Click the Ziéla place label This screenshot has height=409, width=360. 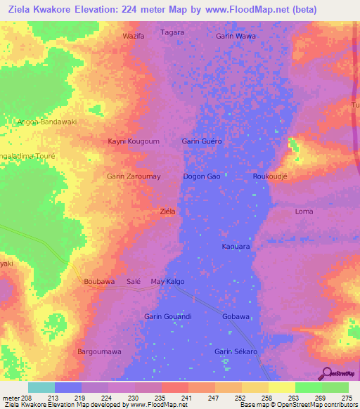tap(167, 211)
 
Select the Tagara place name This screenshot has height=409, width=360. tap(172, 32)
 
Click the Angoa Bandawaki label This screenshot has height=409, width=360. tap(46, 122)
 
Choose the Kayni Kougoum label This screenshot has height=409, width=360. tap(134, 141)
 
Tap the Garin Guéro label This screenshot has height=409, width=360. tap(202, 141)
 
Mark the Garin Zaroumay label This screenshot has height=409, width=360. tap(134, 176)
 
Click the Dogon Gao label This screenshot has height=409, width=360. tap(202, 176)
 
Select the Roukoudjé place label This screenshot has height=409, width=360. tap(271, 176)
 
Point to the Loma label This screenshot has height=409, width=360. tap(304, 211)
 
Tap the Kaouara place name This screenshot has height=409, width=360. tap(236, 247)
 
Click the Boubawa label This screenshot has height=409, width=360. tap(99, 281)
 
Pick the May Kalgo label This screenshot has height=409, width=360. tap(168, 281)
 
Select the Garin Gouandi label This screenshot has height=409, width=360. tap(168, 316)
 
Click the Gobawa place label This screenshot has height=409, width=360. tap(236, 316)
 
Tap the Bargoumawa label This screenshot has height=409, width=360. tap(99, 351)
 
